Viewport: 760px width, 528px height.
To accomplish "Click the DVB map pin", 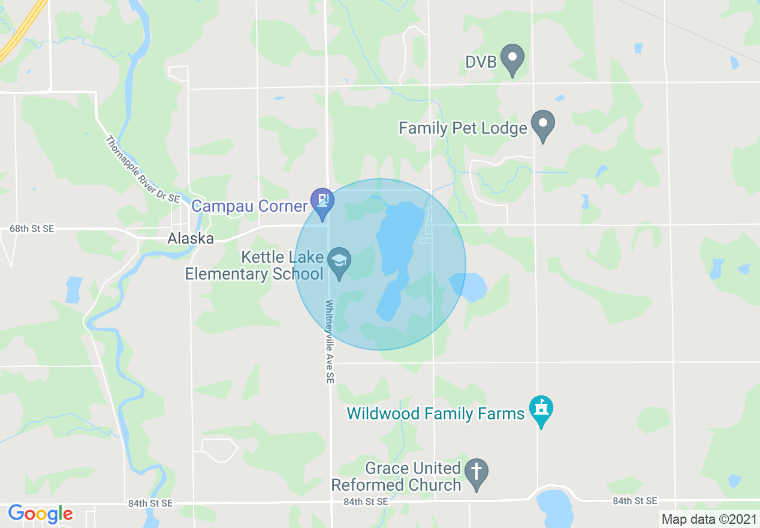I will point(512,59).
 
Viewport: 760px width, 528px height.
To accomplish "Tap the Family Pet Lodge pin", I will point(543,125).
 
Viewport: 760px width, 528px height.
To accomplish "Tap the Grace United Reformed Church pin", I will point(476,474).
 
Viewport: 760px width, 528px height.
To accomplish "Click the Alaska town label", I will point(191,238).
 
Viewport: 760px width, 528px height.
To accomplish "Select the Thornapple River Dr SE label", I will point(143,170).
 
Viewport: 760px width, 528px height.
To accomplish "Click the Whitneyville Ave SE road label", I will point(329,341).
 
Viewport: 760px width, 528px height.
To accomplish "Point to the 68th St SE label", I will point(32,229).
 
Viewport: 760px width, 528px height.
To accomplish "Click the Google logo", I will point(40,514).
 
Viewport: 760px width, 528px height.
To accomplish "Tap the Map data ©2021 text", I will point(708,519).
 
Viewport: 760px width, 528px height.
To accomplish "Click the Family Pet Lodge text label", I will point(463,128).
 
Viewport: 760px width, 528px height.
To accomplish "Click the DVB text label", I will point(481,61).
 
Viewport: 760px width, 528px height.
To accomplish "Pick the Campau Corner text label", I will point(249,206).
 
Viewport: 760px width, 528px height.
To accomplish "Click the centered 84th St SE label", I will point(366,501).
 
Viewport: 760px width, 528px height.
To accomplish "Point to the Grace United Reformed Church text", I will point(397,476).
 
